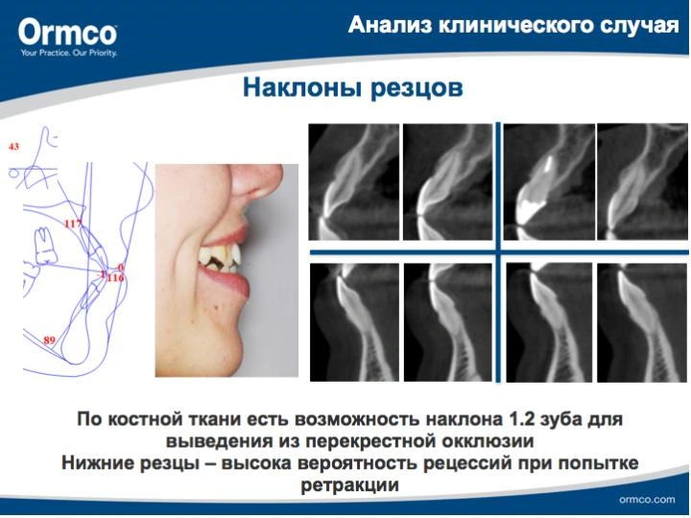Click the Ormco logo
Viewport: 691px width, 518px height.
coord(67,37)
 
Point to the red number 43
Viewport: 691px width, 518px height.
coord(14,146)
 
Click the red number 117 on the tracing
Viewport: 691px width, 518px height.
coord(73,224)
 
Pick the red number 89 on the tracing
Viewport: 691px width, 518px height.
coord(49,340)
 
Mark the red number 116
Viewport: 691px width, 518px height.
coord(115,278)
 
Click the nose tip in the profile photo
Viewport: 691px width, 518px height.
coord(278,179)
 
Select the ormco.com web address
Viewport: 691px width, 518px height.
coord(647,500)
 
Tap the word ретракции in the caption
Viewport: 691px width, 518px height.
coord(349,485)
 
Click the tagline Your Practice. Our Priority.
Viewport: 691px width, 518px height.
coord(68,54)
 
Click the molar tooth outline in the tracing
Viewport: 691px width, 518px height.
coord(44,246)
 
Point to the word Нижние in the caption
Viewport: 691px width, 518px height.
coord(98,463)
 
